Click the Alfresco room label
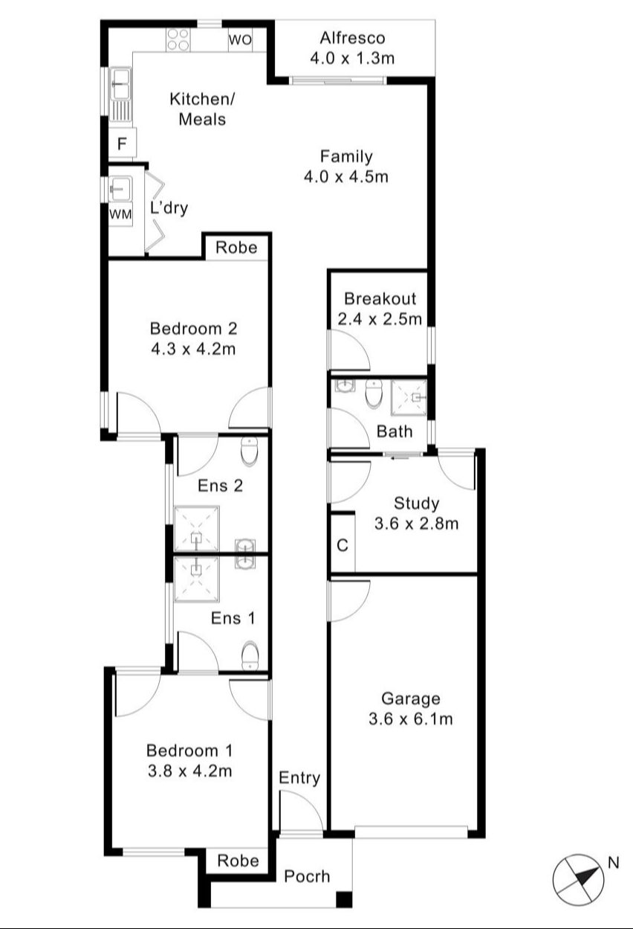[353, 38]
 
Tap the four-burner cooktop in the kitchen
[178, 40]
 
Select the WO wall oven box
[240, 40]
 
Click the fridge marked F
[122, 144]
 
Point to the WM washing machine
[120, 214]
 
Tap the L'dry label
[169, 208]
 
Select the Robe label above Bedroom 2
[236, 248]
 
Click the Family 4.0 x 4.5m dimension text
[346, 177]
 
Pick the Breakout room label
[380, 298]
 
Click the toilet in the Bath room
[374, 394]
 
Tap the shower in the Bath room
[409, 397]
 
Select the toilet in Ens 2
[250, 451]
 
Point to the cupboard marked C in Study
[343, 544]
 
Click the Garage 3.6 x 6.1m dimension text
[411, 719]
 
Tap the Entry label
[299, 777]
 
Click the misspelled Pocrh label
[307, 876]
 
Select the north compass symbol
[578, 879]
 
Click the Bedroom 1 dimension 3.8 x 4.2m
[189, 771]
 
